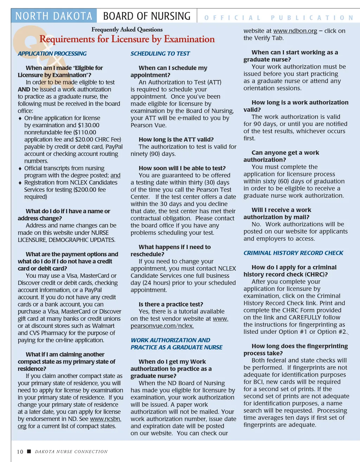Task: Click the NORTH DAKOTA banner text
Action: coord(54,16)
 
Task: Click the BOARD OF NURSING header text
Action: coord(147,16)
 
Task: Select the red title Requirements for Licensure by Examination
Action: coord(127,39)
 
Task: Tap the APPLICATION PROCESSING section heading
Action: coord(52,53)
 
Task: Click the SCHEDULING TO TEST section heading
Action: coord(160,53)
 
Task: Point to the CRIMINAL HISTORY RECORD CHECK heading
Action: coord(293,253)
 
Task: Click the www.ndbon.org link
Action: coord(295,31)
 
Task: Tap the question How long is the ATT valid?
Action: coord(176,140)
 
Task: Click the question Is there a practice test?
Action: coord(171,304)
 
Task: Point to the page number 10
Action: coord(20,452)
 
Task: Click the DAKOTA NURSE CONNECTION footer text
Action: coord(71,452)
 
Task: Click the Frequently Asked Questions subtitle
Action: coord(127,30)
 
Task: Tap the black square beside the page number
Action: coord(29,451)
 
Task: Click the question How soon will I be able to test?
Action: coord(182,168)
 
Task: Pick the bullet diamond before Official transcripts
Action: coord(20,168)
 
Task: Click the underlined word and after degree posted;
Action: coord(115,175)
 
